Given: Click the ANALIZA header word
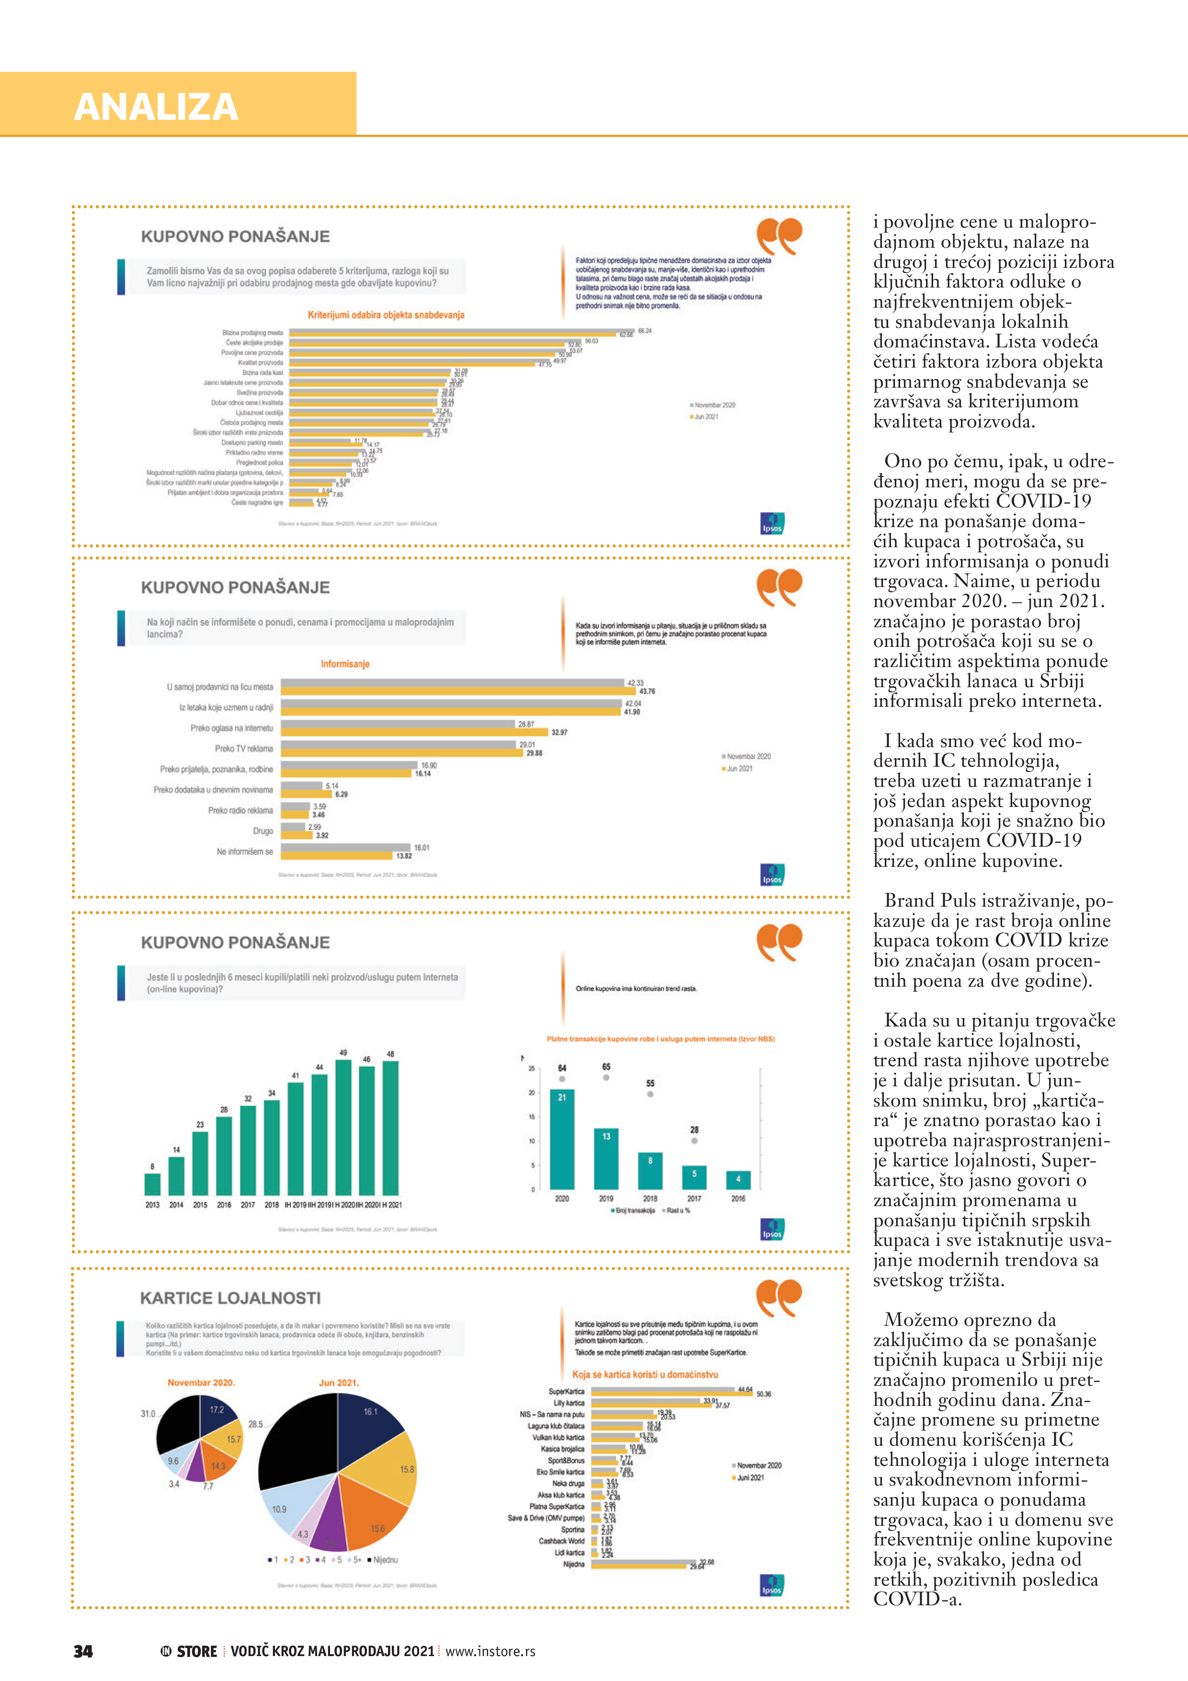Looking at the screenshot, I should tap(156, 107).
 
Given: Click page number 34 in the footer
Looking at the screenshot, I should tap(83, 1651).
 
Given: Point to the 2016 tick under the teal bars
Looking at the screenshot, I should tap(738, 1198).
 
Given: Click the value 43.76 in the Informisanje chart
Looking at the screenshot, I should tap(647, 691).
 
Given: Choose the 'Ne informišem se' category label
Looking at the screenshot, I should tap(244, 852).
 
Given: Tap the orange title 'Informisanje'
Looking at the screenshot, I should tap(345, 664).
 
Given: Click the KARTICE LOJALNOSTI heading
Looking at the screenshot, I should tap(230, 1298).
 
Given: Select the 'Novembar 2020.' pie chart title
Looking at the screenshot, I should tap(201, 1383).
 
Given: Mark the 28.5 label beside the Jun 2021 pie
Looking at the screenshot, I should tap(255, 1424).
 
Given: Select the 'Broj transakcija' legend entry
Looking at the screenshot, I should tap(633, 1210).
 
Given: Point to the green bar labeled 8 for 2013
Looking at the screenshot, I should tap(152, 1184).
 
